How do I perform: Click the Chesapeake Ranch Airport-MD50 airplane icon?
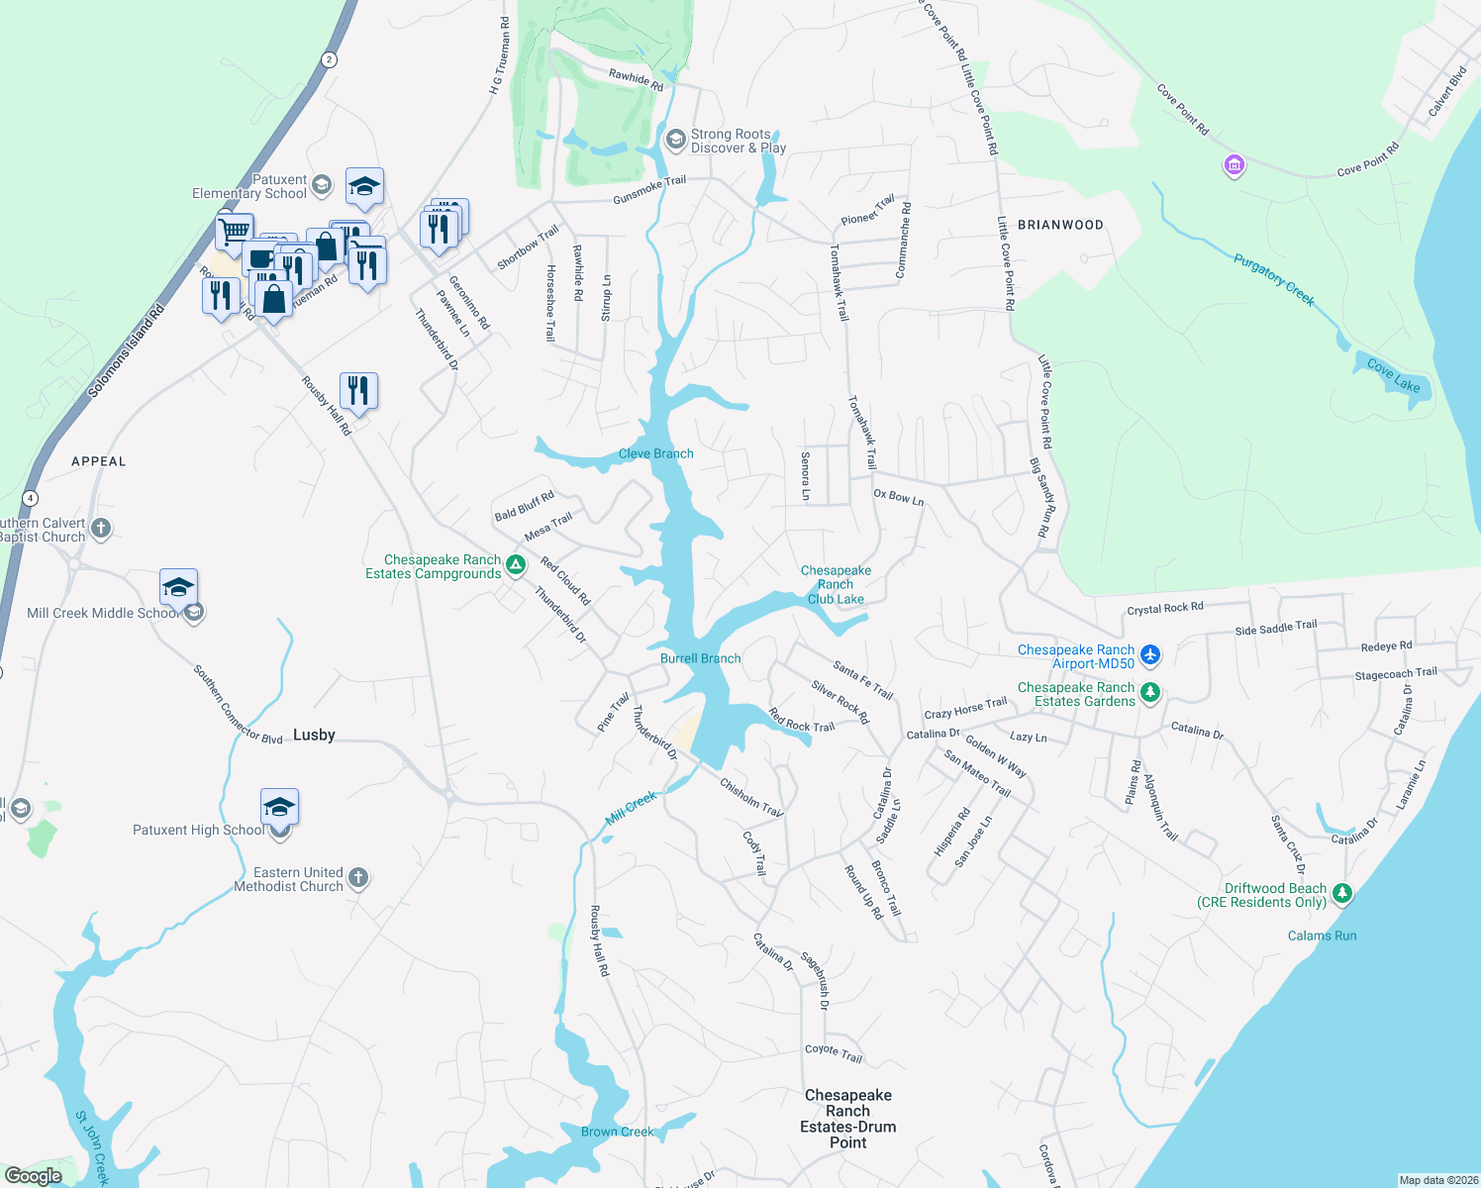(1149, 654)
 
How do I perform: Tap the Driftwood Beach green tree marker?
(1341, 894)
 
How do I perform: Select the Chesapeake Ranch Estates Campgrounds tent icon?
(515, 566)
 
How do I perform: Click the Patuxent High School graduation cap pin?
(279, 808)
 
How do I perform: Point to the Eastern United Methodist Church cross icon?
(358, 878)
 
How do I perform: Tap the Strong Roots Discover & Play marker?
(676, 140)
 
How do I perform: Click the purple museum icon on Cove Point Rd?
(1234, 165)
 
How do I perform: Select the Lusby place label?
(314, 735)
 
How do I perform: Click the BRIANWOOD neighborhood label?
(1060, 225)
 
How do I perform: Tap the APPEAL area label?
(99, 461)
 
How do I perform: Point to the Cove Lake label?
(1394, 376)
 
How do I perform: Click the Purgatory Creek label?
(1274, 279)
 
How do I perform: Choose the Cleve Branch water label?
(655, 453)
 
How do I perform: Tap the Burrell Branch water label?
(700, 658)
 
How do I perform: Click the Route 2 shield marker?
(329, 59)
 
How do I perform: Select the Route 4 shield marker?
(31, 498)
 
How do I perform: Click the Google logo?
(34, 1176)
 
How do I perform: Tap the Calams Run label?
(1322, 936)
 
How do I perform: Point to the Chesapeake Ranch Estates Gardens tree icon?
(1149, 692)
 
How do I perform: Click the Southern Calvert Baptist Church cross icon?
(101, 529)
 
